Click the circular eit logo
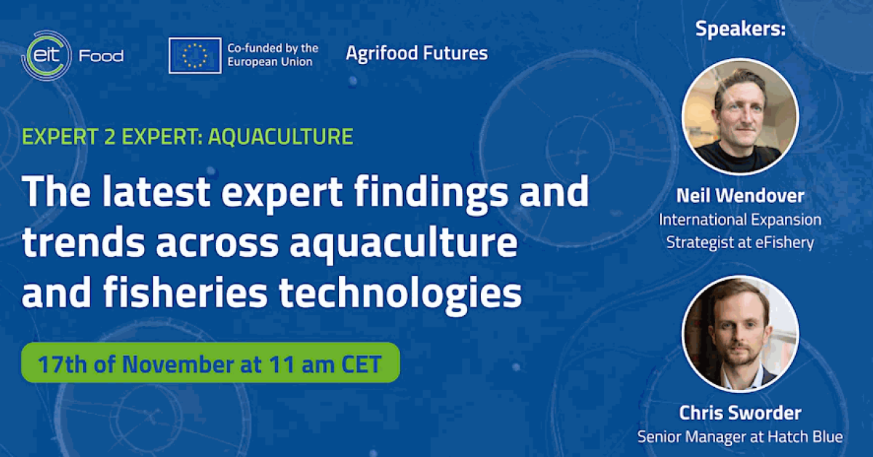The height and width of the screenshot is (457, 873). click(47, 55)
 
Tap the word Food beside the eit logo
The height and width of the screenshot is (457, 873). click(101, 56)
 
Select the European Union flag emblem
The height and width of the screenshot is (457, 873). click(195, 55)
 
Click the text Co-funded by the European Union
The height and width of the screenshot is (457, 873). click(273, 55)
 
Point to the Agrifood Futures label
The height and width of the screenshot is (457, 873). click(417, 53)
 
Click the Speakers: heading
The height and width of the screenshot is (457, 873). click(740, 29)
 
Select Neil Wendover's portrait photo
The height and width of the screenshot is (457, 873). click(740, 116)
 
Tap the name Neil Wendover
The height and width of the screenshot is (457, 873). click(740, 195)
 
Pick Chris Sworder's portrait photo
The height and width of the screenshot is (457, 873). click(740, 334)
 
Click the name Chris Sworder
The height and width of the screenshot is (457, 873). click(740, 413)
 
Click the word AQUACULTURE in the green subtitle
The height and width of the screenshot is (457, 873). click(281, 137)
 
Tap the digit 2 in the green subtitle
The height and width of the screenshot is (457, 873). click(110, 137)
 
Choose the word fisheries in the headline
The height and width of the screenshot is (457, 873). click(186, 293)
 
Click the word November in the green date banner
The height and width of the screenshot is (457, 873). click(178, 364)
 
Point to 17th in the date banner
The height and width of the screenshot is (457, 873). click(63, 364)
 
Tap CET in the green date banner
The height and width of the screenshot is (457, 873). click(362, 364)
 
